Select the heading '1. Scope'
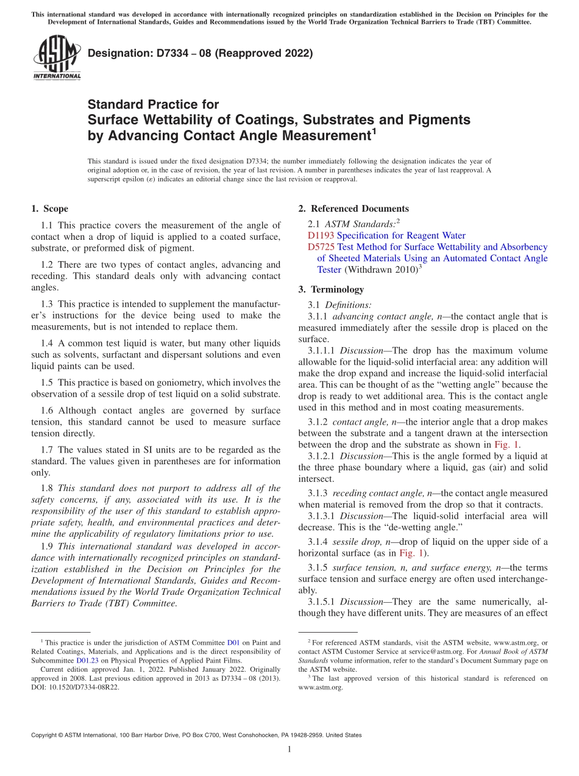(x=49, y=209)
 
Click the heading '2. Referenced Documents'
(x=353, y=209)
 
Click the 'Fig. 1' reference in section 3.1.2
(x=506, y=445)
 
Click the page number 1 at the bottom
(x=289, y=749)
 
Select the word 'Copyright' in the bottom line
(x=48, y=735)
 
